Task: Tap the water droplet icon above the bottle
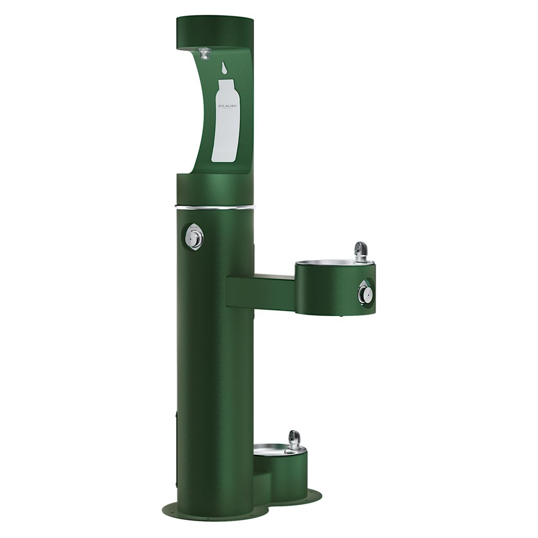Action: point(224,68)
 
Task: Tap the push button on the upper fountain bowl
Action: point(365,294)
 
